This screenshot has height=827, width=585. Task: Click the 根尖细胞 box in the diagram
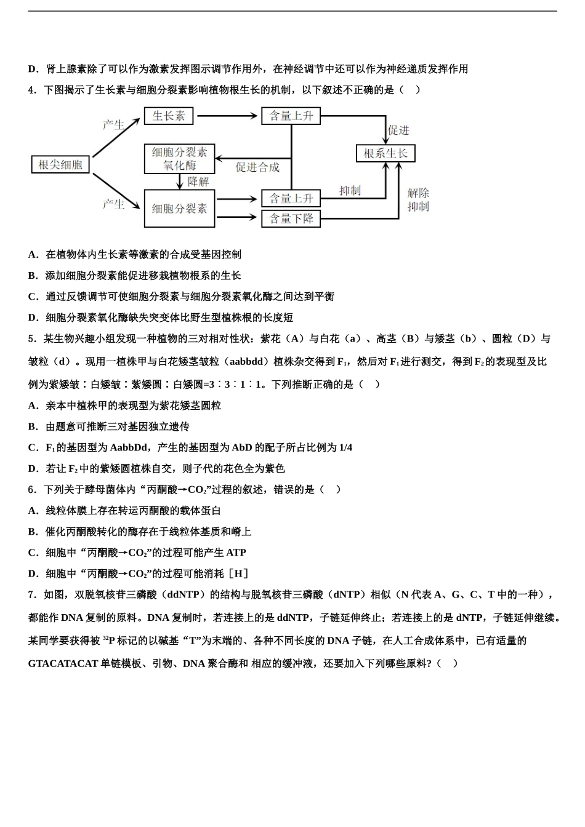[x=60, y=164]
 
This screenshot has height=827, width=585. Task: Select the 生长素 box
[x=169, y=116]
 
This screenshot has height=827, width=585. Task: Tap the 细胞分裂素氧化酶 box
[x=179, y=159]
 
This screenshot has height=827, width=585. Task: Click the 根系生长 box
[x=385, y=153]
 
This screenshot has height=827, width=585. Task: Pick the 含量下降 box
[x=291, y=218]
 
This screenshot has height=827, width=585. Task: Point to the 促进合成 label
[x=257, y=167]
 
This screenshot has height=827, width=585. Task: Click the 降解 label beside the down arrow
[x=198, y=182]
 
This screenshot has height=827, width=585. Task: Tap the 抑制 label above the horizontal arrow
[x=349, y=191]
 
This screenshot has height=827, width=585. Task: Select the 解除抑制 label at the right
[x=418, y=200]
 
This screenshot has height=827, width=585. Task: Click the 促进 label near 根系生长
[x=398, y=130]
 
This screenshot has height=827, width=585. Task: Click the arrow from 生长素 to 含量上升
[x=227, y=116]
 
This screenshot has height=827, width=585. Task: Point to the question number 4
[x=31, y=90]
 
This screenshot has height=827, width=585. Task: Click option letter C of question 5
[x=33, y=447]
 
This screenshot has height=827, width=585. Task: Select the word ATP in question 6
[x=236, y=553]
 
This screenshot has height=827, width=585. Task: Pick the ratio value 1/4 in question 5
[x=345, y=447]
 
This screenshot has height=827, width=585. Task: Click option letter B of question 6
[x=33, y=532]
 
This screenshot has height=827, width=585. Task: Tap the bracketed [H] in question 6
[x=238, y=573]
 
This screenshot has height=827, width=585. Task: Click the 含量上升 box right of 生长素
[x=291, y=116]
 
